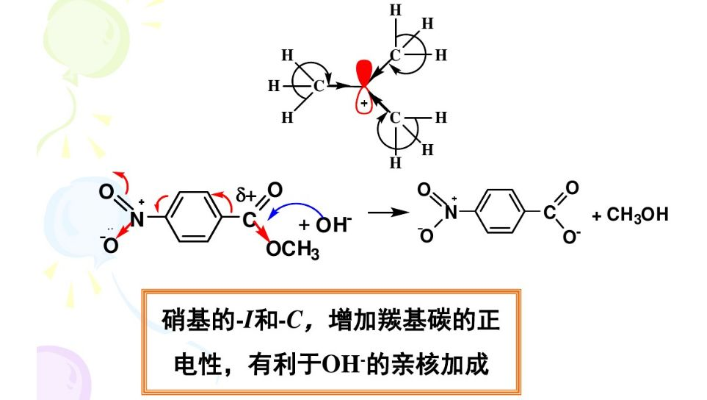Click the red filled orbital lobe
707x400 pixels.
click(x=363, y=73)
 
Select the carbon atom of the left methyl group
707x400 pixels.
click(x=319, y=86)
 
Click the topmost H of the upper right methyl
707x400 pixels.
click(x=396, y=10)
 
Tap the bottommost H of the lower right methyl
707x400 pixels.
click(x=396, y=163)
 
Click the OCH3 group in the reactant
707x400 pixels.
click(x=293, y=251)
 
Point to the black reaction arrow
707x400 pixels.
click(x=387, y=213)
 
